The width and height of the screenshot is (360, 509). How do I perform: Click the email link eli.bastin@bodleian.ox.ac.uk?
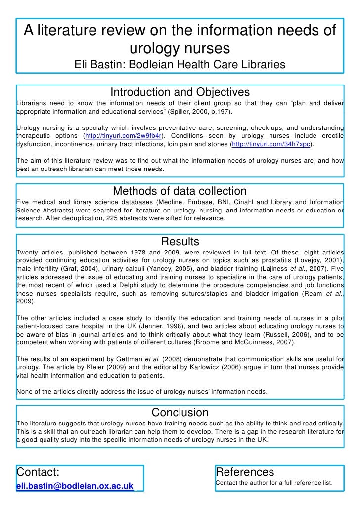tap(75, 486)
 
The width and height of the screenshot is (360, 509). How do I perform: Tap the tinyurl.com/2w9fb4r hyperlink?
tap(124, 136)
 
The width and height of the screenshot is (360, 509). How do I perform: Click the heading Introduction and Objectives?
tap(180, 92)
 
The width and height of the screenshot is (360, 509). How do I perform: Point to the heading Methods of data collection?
tap(180, 191)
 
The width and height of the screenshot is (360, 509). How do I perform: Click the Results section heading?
tap(180, 241)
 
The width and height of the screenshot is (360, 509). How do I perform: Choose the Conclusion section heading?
tap(180, 412)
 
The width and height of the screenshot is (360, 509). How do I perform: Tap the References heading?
tap(245, 472)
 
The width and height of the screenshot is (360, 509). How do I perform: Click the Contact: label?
tap(38, 472)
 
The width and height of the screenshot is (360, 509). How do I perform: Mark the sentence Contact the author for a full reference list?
tap(274, 482)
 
